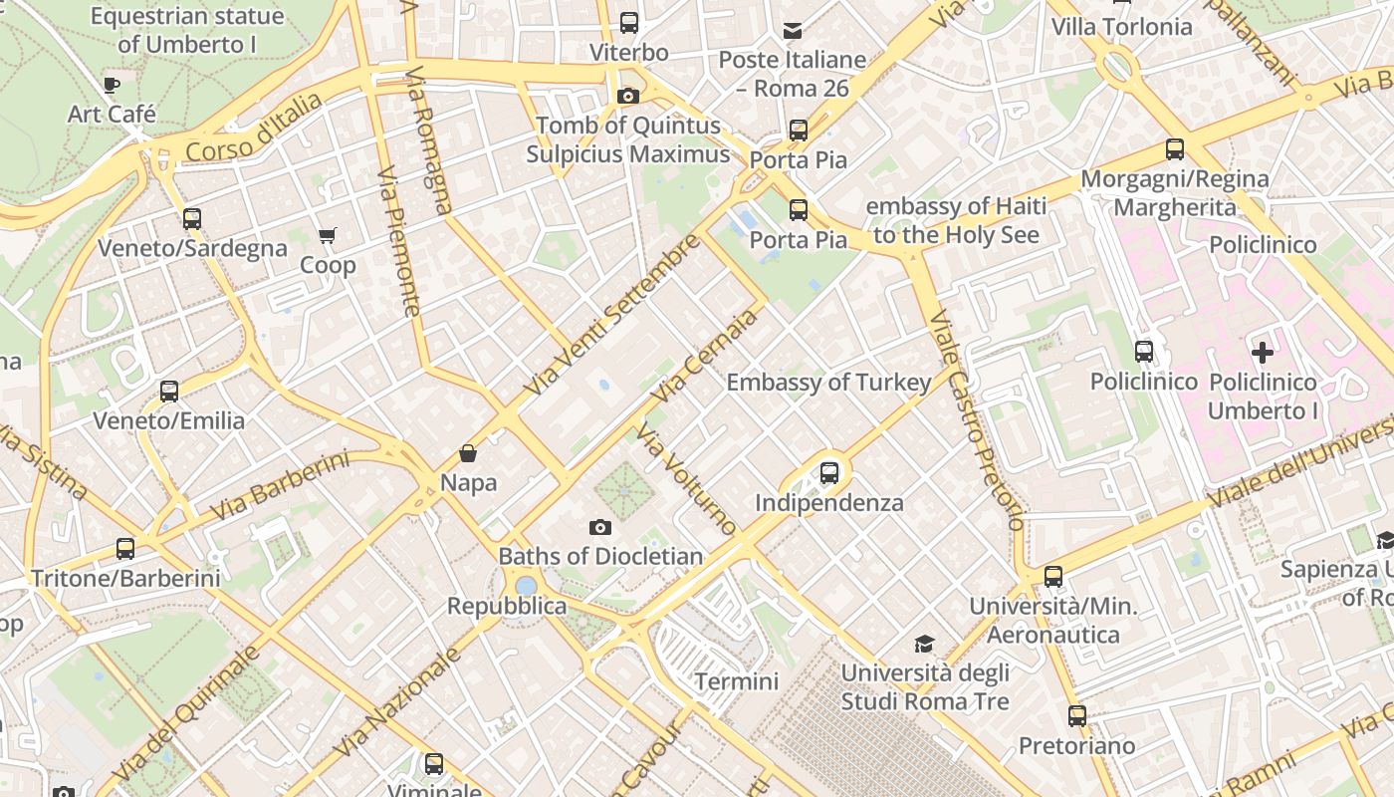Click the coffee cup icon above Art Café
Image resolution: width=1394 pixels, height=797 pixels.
[x=112, y=85]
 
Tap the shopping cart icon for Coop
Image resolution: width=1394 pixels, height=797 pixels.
[x=327, y=236]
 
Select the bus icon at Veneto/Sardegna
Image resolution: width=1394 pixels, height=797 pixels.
[x=192, y=219]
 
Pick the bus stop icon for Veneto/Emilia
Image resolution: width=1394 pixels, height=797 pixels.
[x=169, y=392]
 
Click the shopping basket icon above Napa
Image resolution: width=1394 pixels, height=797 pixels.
[x=468, y=454]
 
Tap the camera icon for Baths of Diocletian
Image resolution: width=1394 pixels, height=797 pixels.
[x=599, y=527]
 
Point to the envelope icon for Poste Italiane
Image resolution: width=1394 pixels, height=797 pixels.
[x=793, y=31]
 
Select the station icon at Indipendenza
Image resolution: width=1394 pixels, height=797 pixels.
[x=829, y=473]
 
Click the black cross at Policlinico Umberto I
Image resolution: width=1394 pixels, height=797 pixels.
[x=1263, y=352]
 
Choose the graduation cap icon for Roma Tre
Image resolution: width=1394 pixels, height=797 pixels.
[x=925, y=644]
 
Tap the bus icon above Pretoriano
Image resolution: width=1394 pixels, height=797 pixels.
[x=1077, y=715]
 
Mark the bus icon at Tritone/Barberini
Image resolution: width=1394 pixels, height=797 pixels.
[x=125, y=548]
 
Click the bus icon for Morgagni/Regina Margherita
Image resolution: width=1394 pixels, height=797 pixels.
[x=1175, y=149]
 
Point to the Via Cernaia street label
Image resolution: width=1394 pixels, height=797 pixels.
[x=703, y=357]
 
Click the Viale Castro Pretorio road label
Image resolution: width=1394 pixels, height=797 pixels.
[x=976, y=418]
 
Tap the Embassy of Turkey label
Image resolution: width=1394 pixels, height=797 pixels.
[x=828, y=383]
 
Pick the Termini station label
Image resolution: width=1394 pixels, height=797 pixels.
[x=737, y=681]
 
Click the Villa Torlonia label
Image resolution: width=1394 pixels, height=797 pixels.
[x=1122, y=27]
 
